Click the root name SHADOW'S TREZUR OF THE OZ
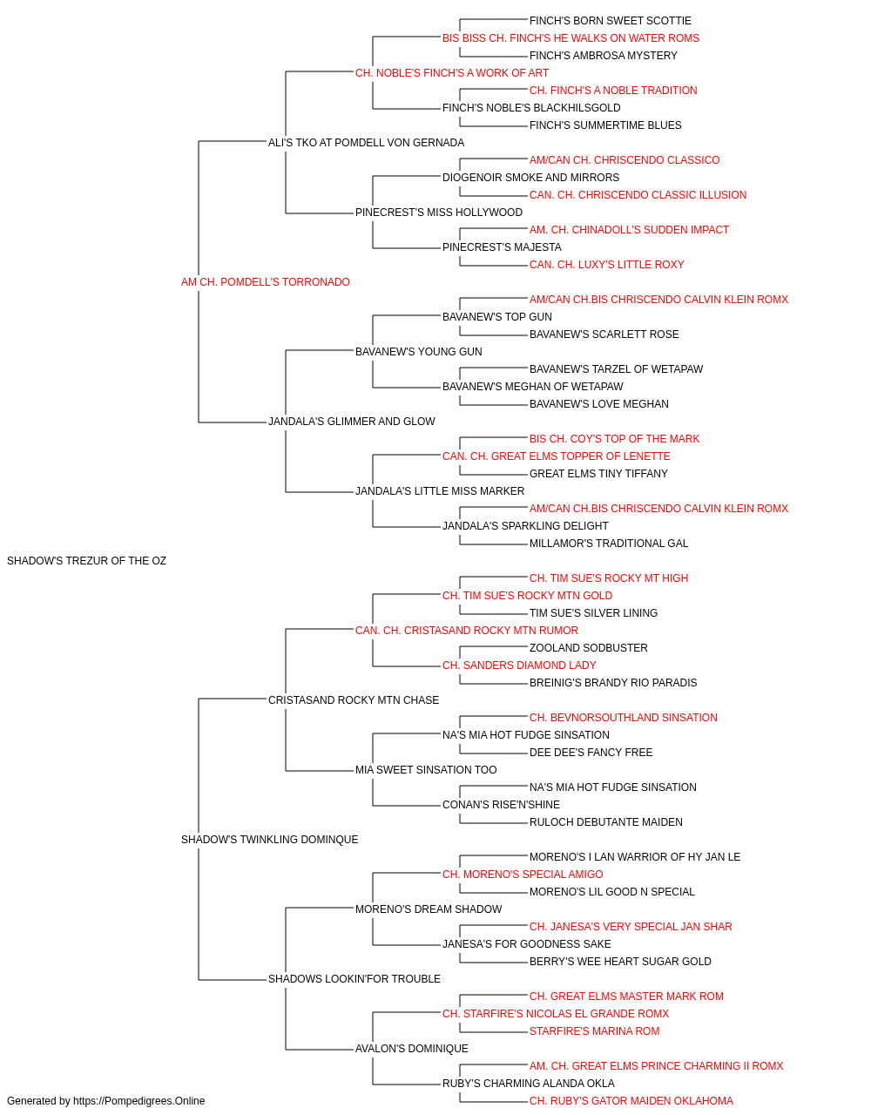87,561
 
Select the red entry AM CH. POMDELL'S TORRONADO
265,282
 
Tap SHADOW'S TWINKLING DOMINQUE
269,840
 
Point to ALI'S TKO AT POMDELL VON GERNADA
366,143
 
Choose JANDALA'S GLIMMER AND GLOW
351,422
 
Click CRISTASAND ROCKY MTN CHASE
354,700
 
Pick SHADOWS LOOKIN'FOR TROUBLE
354,979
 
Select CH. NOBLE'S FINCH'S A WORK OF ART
452,73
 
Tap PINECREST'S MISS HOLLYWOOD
439,213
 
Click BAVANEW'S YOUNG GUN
419,351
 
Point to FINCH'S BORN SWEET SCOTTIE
611,21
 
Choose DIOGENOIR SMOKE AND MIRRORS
531,178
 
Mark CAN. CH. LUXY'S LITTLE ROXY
607,265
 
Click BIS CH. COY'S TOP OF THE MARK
615,439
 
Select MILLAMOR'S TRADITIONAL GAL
609,544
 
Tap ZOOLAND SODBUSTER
589,648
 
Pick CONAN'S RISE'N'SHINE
501,805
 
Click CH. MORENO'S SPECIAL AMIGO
523,875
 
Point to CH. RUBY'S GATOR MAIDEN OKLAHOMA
631,1101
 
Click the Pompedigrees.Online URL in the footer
139,1101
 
